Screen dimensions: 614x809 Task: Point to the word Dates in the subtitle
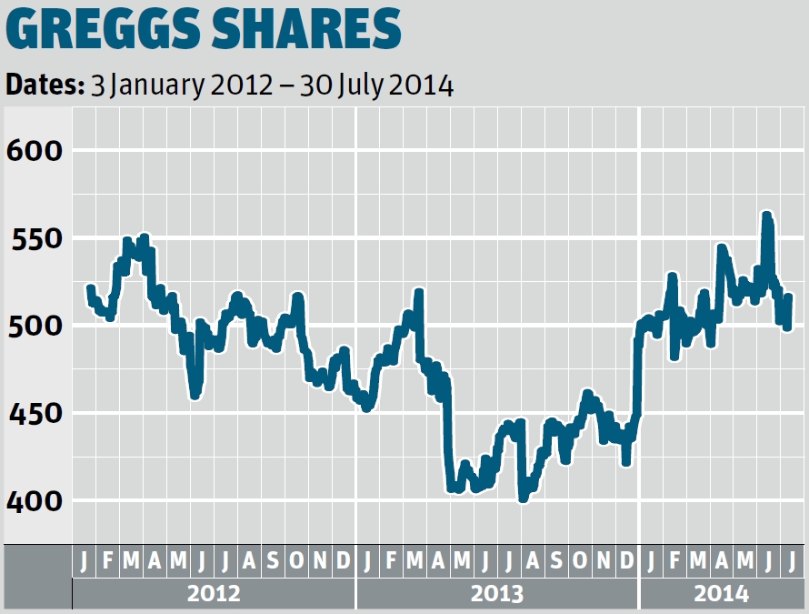43,86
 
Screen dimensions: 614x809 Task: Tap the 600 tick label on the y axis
34,150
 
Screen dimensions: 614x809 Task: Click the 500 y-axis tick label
34,326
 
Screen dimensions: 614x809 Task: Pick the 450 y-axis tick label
34,414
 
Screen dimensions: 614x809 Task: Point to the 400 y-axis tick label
34,501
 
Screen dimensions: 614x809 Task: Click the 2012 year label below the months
214,594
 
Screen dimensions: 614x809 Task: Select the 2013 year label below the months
497,594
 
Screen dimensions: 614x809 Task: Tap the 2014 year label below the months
722,594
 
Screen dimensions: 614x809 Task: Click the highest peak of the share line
766,216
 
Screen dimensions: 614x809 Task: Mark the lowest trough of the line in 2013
523,498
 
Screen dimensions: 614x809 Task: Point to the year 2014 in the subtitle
421,86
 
